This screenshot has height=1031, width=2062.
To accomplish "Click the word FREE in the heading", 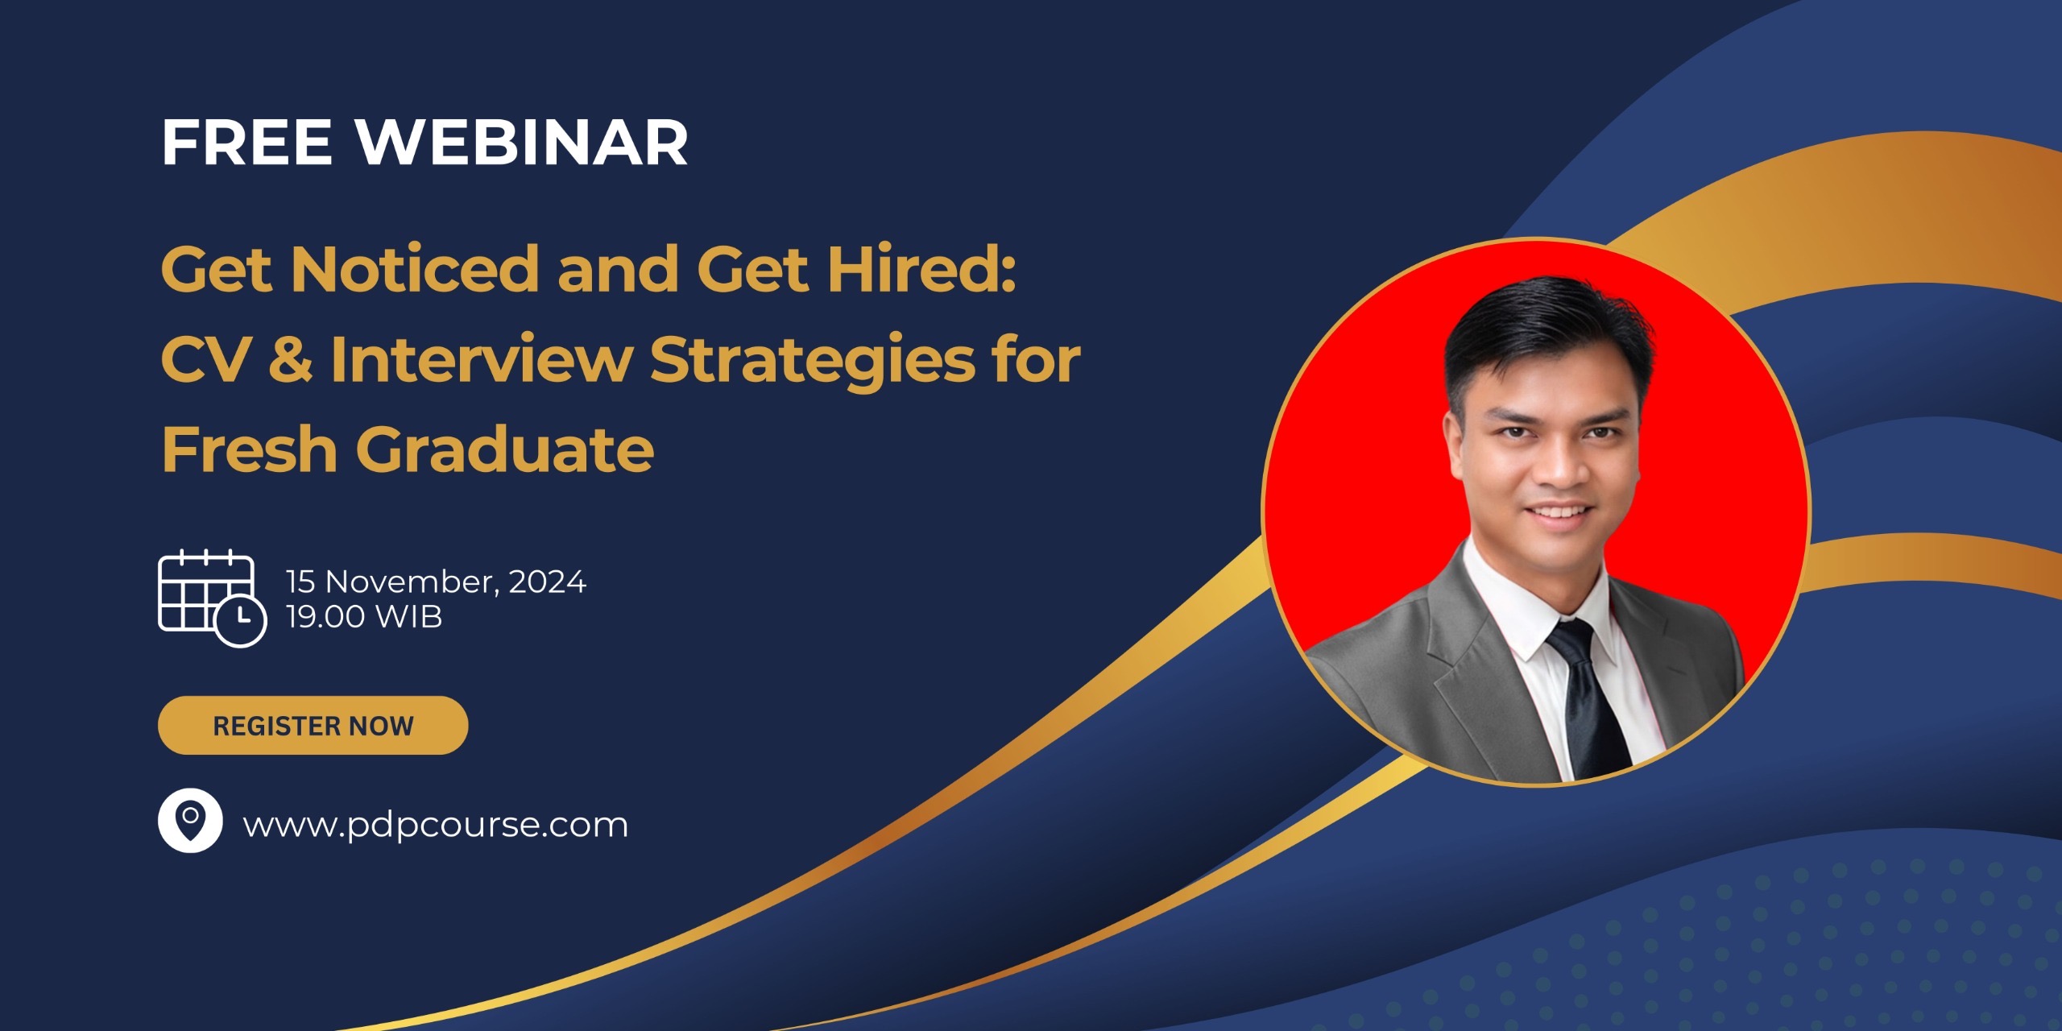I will click(246, 143).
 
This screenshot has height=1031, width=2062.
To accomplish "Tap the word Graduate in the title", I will click(505, 449).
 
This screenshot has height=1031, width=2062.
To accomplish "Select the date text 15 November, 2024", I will click(436, 582).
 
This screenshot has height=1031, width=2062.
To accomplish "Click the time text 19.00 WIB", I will click(364, 617).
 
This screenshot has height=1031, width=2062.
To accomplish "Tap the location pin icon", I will click(190, 820).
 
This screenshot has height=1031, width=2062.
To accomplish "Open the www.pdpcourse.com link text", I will click(435, 825).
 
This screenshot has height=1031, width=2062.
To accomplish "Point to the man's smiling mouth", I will click(1560, 512).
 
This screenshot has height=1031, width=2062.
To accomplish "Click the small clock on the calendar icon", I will click(240, 620).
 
